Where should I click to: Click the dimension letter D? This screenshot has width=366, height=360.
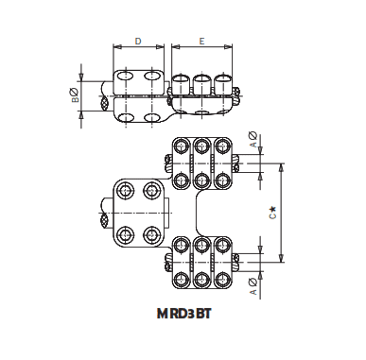pos(138,42)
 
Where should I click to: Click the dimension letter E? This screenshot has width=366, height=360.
pos(202,42)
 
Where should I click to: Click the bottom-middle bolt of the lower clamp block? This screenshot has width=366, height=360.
pos(202,279)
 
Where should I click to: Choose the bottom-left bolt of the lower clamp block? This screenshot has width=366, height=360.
pos(182,279)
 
